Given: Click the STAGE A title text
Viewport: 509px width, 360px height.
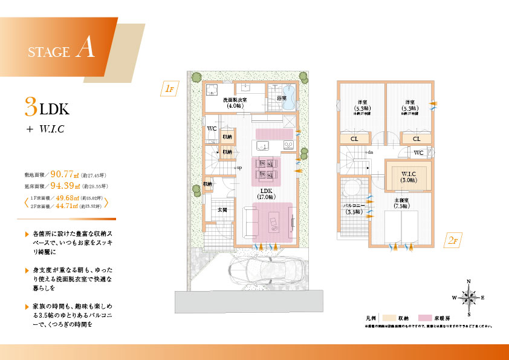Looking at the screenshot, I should click(x=61, y=50).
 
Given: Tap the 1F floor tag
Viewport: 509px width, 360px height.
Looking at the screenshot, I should click(x=169, y=89).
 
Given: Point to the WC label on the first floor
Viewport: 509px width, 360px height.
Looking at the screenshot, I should click(x=212, y=129).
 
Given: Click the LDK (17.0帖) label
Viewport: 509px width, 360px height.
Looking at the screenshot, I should click(x=266, y=193).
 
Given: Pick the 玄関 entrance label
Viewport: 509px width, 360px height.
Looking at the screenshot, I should click(x=222, y=210).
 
